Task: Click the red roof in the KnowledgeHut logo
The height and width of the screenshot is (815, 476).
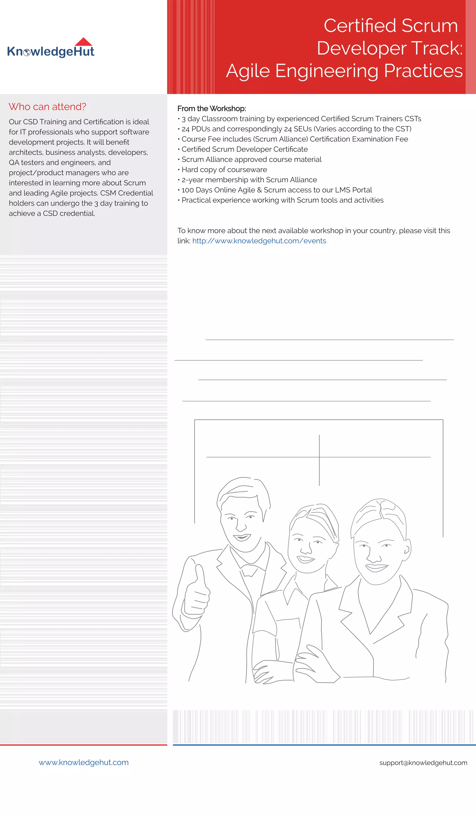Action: point(83,42)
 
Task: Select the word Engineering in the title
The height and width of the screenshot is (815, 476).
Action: point(327,71)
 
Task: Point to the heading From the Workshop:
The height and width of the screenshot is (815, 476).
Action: point(212,109)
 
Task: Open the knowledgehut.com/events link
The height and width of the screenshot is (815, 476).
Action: point(259,241)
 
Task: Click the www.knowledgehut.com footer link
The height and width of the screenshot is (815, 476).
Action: point(83,762)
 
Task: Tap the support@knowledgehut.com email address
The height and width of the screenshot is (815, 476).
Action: point(423,763)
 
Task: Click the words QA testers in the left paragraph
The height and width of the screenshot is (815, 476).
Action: point(26,162)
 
